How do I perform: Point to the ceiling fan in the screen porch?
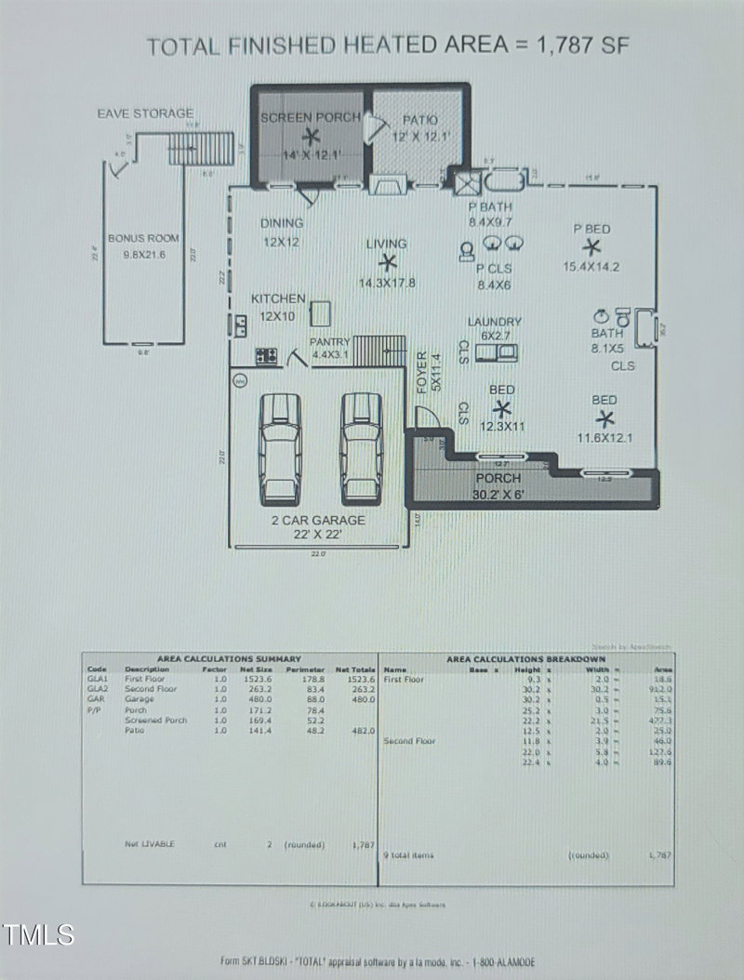pos(310,137)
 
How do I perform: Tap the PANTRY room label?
pos(330,342)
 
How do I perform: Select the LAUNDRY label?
pos(494,322)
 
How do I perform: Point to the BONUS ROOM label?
pos(143,238)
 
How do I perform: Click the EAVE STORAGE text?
pos(146,113)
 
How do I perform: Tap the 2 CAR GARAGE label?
pos(318,520)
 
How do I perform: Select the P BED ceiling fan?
pos(591,246)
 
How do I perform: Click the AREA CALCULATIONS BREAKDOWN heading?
pos(525,659)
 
